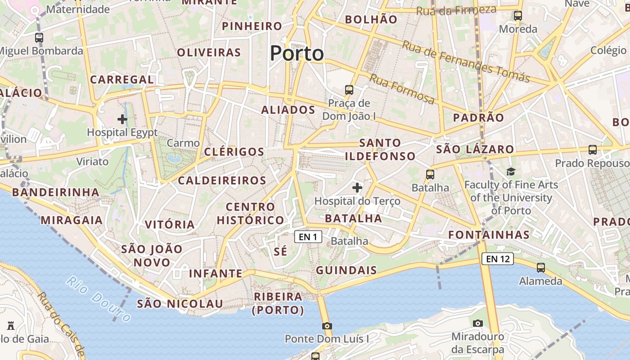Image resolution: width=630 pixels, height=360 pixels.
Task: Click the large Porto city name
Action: pos(297,54)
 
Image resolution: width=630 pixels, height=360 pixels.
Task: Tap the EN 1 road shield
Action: pos(308,237)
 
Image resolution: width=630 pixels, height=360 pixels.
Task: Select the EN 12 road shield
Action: pos(498,259)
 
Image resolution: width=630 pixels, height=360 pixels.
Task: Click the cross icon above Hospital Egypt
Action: pos(122,119)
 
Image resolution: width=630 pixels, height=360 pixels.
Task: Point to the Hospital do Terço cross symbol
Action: pos(357,187)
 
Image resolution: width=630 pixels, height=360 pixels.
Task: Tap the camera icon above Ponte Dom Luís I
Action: pos(327,326)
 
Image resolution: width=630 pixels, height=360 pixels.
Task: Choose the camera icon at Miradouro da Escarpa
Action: pos(478,323)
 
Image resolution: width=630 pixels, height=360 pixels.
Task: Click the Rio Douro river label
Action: pos(98,299)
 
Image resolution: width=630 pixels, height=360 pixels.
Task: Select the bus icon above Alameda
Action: pos(541,268)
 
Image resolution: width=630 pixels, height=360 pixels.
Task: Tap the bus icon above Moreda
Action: pos(518,16)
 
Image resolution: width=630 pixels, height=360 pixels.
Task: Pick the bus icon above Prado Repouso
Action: pos(593,150)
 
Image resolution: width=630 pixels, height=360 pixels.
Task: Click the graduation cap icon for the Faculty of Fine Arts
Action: pos(511,171)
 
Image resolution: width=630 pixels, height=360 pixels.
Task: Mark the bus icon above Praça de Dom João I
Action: pos(349,90)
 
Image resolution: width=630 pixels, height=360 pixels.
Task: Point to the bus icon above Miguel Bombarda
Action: pos(39,38)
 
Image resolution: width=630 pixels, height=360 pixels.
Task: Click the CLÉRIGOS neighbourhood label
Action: pos(234,152)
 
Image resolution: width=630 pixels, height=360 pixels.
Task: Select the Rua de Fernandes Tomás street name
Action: pos(465,61)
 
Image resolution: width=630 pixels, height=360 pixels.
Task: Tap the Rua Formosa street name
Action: pos(402,89)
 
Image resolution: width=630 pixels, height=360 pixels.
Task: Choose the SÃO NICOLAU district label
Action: pos(180,304)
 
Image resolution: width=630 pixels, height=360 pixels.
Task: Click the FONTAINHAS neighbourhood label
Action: pos(489,234)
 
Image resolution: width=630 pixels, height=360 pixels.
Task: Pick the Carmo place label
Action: pos(183,143)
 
